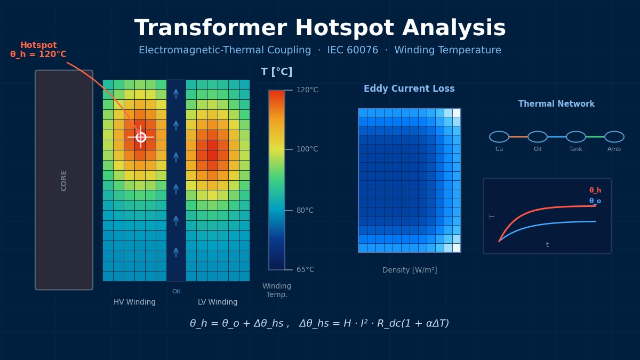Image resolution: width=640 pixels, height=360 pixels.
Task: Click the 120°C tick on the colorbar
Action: (288, 90)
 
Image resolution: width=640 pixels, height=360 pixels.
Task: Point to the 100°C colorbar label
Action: (307, 149)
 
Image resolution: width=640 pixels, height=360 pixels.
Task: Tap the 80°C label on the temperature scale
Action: (305, 211)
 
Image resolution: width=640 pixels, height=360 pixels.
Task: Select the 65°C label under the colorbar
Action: (305, 270)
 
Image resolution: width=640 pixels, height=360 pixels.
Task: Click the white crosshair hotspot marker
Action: (141, 137)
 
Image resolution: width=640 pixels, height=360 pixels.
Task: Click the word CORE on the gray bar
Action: (64, 180)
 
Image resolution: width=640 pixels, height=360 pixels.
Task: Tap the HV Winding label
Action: (134, 302)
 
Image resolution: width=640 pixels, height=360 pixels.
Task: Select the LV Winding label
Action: (218, 302)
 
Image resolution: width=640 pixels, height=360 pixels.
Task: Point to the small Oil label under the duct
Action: (176, 292)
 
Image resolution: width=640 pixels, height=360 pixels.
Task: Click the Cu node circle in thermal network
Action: (499, 137)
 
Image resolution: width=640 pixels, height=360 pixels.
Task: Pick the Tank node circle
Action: (576, 137)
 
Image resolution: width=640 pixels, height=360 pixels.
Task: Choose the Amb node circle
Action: (614, 137)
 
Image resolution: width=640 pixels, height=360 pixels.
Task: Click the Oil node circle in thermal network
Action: (538, 137)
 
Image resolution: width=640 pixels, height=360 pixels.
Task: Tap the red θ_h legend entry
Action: (595, 190)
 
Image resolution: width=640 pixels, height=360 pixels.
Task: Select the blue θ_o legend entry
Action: (595, 201)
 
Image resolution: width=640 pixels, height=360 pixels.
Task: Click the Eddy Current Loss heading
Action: (409, 89)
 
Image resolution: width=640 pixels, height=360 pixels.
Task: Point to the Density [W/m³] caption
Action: (410, 270)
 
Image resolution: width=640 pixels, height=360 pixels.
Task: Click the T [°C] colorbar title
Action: (276, 72)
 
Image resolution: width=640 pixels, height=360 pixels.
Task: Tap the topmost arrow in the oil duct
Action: (176, 94)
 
